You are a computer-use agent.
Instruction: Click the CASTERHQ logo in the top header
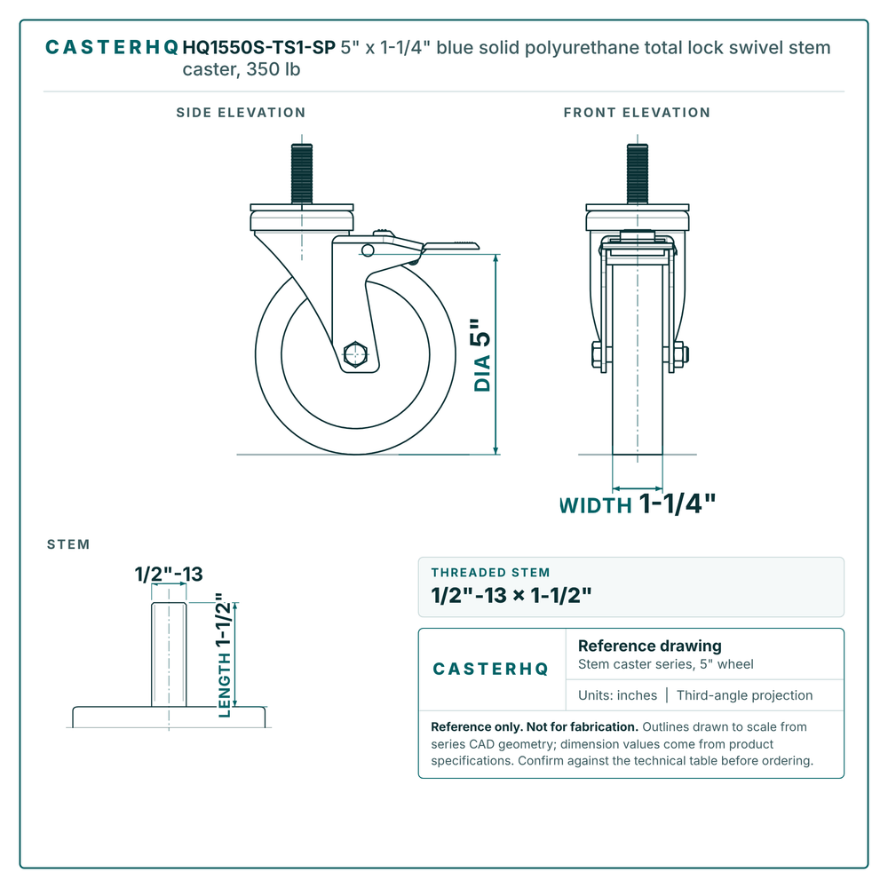[112, 48]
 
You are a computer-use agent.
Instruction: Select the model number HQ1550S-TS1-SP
[259, 48]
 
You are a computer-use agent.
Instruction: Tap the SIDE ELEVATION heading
[241, 113]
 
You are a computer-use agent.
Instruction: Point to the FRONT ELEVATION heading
[637, 113]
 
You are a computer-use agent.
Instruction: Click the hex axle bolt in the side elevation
[355, 355]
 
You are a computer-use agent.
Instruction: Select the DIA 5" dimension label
[482, 355]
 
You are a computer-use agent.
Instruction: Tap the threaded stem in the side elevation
[302, 174]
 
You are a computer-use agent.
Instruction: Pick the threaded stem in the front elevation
[637, 174]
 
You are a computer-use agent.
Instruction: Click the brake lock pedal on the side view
[450, 246]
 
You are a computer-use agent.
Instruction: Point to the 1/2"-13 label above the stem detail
[169, 575]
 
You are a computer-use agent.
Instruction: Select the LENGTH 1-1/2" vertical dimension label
[225, 655]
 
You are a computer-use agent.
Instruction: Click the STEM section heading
[68, 545]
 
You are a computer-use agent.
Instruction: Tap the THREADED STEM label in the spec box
[490, 573]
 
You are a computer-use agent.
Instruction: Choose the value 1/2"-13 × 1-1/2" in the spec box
[511, 596]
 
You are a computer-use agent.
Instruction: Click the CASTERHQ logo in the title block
[490, 670]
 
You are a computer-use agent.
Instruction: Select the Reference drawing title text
[650, 646]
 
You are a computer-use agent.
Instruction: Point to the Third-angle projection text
[744, 695]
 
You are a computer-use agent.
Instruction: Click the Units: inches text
[617, 695]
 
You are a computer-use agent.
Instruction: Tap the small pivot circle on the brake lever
[368, 250]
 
